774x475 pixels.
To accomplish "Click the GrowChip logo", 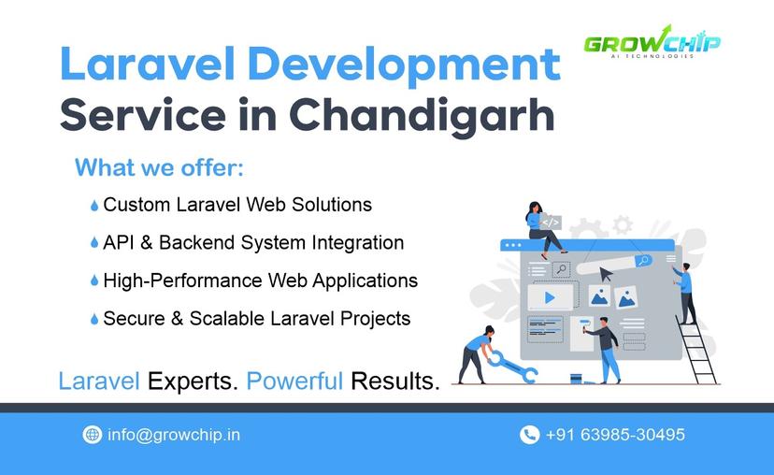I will click(652, 42).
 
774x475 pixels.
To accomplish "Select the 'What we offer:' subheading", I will click(159, 168).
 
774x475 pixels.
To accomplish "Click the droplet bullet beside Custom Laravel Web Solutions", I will click(94, 206).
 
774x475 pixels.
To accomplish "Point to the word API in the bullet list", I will click(120, 243).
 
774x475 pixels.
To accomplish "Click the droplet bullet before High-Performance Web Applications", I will click(94, 281).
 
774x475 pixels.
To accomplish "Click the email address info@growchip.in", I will click(174, 435).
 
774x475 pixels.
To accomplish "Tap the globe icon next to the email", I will click(93, 435).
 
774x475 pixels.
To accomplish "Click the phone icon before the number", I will click(529, 435).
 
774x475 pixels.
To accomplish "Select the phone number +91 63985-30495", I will click(615, 435).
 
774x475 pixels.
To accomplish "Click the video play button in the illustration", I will click(550, 297).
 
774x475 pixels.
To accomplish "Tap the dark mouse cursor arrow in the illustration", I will click(607, 274).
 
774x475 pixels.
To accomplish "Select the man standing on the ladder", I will click(685, 291).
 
